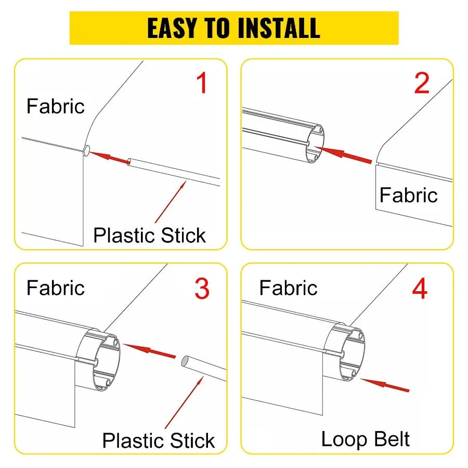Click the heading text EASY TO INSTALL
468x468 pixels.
tap(234, 28)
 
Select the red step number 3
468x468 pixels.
tap(202, 289)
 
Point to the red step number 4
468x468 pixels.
tap(420, 289)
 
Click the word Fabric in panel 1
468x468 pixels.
tap(55, 107)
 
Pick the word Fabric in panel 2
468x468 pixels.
tap(408, 196)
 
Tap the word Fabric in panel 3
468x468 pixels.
tap(55, 288)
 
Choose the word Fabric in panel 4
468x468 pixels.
tap(288, 288)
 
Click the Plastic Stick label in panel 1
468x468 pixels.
tap(150, 235)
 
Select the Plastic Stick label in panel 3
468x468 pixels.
tap(159, 440)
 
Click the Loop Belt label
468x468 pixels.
tap(365, 439)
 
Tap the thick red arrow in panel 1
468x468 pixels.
tap(110, 157)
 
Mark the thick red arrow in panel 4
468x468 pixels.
tap(385, 385)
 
